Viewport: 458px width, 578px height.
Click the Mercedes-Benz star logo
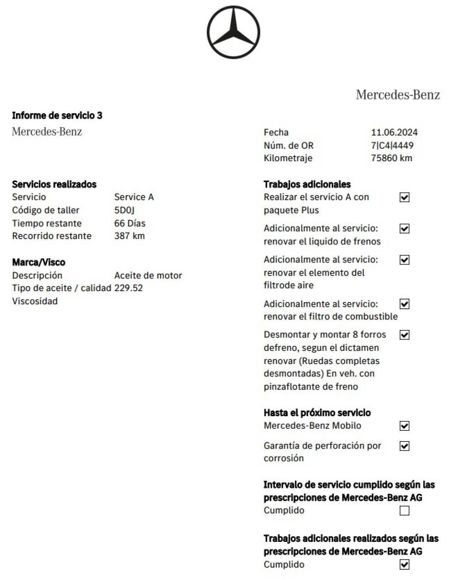point(233,32)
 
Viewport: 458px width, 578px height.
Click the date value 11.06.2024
point(394,132)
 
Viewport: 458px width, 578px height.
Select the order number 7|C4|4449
point(392,145)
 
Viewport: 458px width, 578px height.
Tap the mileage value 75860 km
point(391,158)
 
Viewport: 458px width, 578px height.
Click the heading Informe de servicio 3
point(57,115)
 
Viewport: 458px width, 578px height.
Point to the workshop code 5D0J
point(124,210)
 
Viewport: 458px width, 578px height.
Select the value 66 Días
point(130,223)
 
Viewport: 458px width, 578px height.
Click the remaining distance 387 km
point(129,236)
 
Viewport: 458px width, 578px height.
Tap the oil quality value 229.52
point(128,288)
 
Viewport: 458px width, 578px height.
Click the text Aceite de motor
point(148,276)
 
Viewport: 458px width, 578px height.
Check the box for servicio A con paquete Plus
point(404,197)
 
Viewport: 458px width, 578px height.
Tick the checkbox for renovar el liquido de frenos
point(404,229)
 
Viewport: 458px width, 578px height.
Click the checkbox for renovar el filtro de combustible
point(404,304)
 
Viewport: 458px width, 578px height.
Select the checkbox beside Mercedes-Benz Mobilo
point(404,426)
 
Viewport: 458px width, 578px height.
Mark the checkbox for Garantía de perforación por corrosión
point(404,446)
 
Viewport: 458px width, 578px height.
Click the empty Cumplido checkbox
point(404,511)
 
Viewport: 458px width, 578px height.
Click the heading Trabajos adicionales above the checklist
point(307,184)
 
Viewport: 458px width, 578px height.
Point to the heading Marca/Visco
point(39,262)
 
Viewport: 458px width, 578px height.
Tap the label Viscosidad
point(35,301)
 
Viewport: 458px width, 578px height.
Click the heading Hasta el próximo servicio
point(317,413)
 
